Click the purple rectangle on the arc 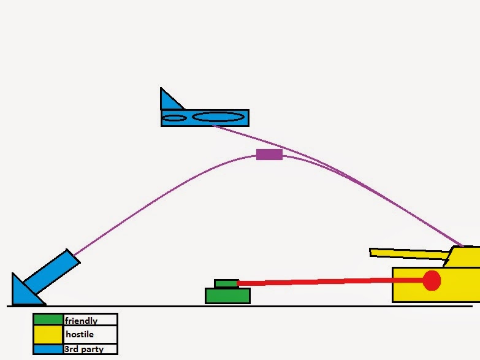point(269,154)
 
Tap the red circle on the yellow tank point(432,280)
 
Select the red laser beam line point(331,282)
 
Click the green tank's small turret point(226,283)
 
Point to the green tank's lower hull point(227,296)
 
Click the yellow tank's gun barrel point(408,253)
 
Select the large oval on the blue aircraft point(218,117)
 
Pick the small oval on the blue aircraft point(174,118)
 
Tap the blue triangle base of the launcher point(25,292)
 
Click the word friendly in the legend point(80,320)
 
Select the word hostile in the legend point(79,334)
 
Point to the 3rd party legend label point(83,349)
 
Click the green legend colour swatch point(48,320)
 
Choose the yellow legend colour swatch point(48,334)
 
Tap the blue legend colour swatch point(48,349)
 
